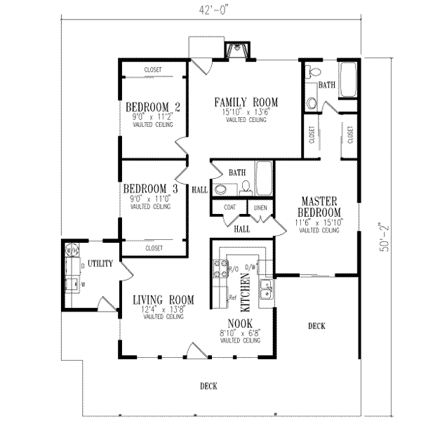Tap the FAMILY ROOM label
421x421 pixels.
coord(246,102)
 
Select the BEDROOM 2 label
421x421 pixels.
coord(152,107)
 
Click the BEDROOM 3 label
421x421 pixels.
coord(150,189)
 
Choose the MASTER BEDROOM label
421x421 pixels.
coord(316,206)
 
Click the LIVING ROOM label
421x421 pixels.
coord(163,300)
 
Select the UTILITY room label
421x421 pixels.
coord(100,263)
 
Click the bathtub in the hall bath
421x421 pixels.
coord(265,178)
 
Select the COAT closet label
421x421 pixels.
coord(229,207)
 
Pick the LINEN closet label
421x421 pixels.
coord(260,207)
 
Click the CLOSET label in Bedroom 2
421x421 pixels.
coord(153,69)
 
